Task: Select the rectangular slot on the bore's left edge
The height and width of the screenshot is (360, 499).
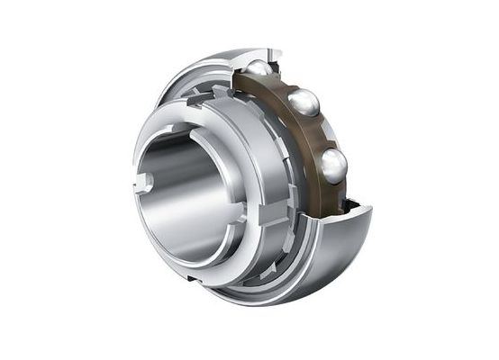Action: pos(141,183)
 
